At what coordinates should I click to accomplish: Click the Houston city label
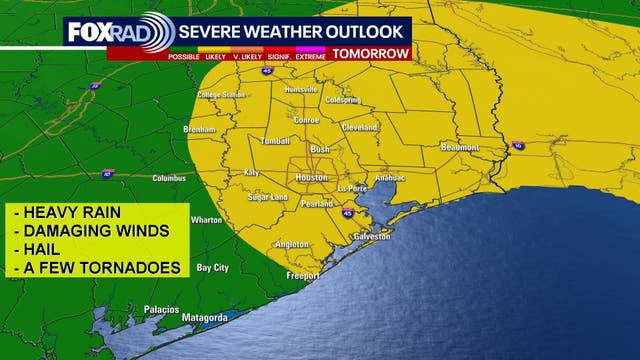coord(311,178)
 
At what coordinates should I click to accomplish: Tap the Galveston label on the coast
coord(371,236)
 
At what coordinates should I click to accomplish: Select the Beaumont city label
coord(461,147)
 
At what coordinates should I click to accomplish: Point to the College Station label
coord(221,95)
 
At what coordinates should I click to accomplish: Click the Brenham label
coord(200,130)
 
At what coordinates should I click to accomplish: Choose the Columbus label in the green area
coord(169,178)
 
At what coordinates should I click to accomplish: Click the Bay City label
coord(212,267)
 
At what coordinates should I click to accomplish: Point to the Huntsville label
coord(300,89)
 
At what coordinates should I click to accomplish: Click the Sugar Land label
coord(267,198)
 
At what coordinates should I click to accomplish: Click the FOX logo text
coord(88,31)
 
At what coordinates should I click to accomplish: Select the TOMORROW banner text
coord(371,53)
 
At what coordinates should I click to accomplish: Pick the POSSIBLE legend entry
coord(184,56)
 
